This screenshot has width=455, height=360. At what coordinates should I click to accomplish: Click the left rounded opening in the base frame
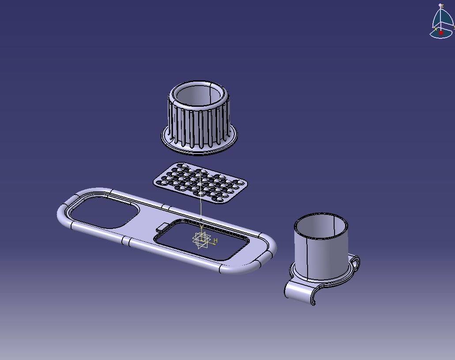102,212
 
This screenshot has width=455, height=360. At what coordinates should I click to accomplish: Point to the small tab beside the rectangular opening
162,228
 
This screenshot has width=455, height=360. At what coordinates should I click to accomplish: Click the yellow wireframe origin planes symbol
201,240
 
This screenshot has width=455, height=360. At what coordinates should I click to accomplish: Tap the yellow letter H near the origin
215,241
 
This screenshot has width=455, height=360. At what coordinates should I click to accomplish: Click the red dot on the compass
440,33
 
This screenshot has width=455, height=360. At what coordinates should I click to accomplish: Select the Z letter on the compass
442,6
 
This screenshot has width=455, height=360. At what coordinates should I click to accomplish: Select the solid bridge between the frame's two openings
146,223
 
